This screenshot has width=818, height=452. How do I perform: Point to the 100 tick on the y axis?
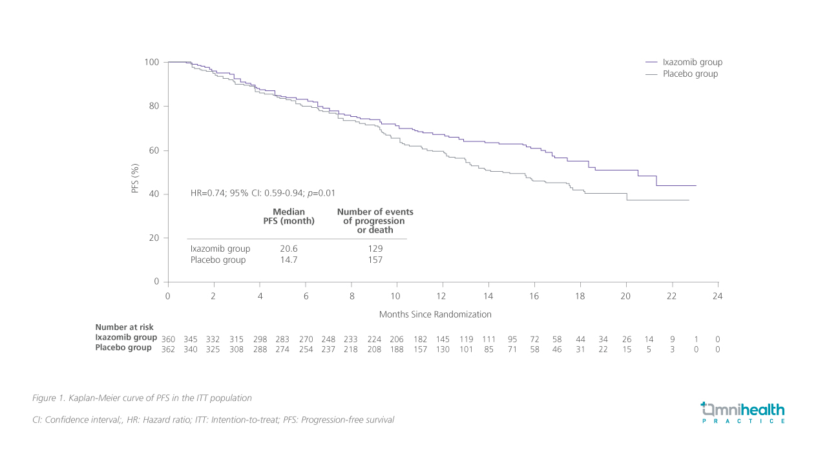point(151,62)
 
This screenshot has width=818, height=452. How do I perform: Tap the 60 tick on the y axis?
point(154,150)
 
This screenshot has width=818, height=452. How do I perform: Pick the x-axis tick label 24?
point(717,296)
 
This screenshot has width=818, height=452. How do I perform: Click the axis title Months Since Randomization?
point(435,314)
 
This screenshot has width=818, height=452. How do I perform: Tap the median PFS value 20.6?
point(288,249)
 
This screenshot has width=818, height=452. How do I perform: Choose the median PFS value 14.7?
point(288,260)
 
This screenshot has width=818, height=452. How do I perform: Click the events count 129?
point(375,249)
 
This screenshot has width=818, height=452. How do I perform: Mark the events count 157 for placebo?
point(375,260)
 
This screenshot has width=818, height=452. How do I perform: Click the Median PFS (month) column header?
point(289,216)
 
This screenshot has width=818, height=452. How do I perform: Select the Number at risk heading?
point(124,327)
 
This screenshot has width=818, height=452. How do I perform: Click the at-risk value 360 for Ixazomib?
point(168,339)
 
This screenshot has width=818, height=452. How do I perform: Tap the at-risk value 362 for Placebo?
point(168,349)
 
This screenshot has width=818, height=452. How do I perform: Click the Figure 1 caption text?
point(142,398)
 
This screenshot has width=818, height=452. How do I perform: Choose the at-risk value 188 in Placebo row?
point(397,349)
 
